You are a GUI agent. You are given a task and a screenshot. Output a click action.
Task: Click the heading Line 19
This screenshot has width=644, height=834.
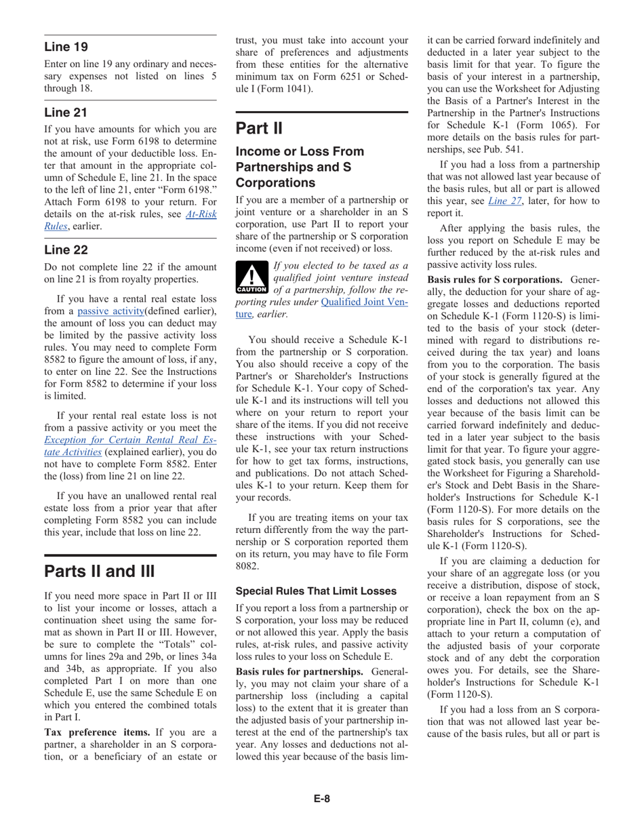pos(66,47)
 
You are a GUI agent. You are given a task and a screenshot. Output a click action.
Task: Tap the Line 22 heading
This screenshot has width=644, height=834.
pos(66,250)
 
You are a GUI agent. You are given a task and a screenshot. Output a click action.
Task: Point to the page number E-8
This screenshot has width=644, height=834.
pos(321,799)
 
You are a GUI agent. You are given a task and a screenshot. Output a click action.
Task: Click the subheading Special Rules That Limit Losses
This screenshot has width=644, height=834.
pos(316,591)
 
